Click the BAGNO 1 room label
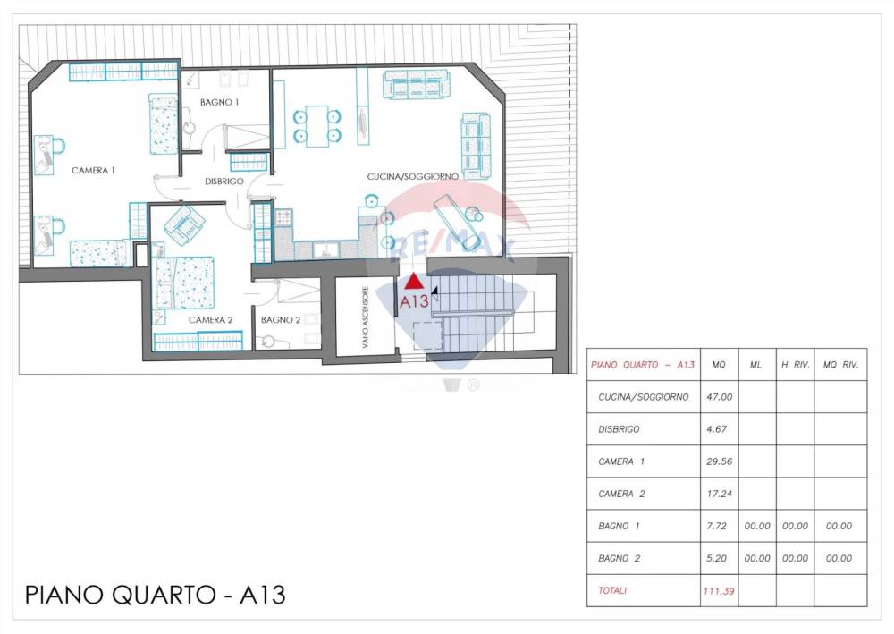(x=220, y=103)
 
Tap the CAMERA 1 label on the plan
(x=94, y=171)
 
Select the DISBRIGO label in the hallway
(x=224, y=182)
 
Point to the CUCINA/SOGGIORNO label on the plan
(x=413, y=177)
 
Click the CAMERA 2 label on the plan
(x=210, y=320)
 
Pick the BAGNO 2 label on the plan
(x=281, y=320)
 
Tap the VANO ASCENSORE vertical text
(x=365, y=317)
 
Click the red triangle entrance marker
(x=415, y=281)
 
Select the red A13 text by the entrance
(x=414, y=301)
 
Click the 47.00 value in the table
(x=719, y=397)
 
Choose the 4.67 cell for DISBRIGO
(x=717, y=429)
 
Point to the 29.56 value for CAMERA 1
(x=719, y=461)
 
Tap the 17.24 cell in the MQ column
(x=719, y=495)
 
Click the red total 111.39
(x=719, y=591)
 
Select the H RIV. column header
(x=796, y=365)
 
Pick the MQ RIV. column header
(x=840, y=365)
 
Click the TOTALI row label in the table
(x=612, y=591)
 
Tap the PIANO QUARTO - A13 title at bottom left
(x=155, y=595)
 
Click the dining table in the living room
(x=317, y=127)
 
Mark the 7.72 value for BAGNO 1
(x=717, y=526)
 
